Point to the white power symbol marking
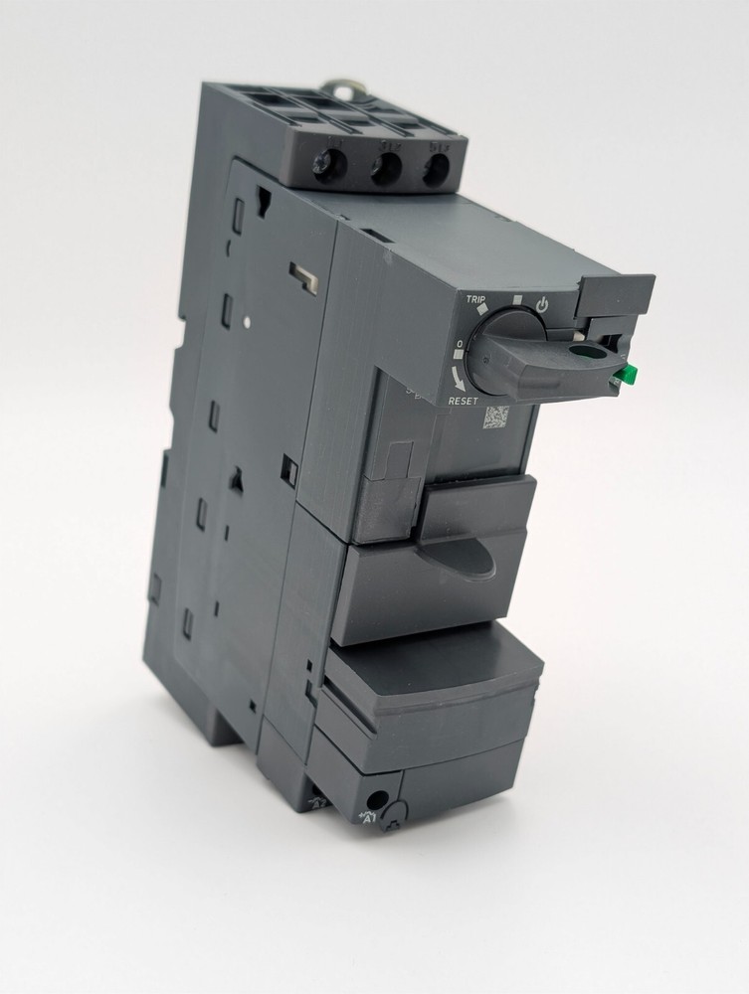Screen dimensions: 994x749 click(542, 305)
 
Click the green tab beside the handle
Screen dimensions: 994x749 click(626, 374)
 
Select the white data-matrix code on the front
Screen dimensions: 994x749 click(496, 415)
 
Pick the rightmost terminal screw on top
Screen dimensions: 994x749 click(435, 171)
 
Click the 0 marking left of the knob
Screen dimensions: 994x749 click(460, 347)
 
